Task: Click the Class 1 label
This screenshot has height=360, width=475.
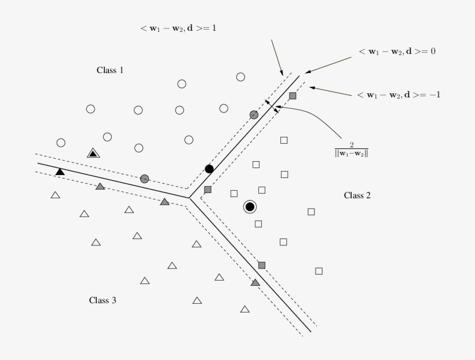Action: tap(110, 70)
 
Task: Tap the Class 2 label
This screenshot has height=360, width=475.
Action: tap(357, 195)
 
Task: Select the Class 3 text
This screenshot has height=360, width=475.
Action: tap(103, 300)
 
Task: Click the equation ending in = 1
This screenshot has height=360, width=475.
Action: tap(178, 27)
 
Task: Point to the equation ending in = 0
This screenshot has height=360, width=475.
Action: tap(397, 52)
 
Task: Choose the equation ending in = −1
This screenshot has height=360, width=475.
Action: tap(399, 94)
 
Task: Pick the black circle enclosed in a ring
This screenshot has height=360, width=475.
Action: tap(250, 206)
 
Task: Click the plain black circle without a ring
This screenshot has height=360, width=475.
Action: tap(209, 169)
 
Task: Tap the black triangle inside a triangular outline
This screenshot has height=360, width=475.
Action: tap(93, 153)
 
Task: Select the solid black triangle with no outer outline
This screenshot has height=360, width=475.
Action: tap(60, 172)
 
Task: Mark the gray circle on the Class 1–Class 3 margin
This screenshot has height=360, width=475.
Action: tap(144, 179)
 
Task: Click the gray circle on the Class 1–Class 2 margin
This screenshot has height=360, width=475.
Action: tap(253, 115)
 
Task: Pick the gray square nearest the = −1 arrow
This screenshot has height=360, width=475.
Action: tap(293, 96)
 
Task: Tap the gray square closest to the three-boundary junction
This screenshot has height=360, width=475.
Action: tap(208, 190)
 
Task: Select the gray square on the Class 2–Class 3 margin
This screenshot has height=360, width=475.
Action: tap(262, 265)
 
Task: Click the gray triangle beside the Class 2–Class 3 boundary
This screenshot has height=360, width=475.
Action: tap(255, 282)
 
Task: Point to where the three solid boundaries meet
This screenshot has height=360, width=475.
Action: tap(191, 198)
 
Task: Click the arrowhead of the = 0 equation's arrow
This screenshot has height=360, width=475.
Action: tap(306, 72)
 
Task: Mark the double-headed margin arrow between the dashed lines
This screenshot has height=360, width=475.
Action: tap(271, 106)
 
